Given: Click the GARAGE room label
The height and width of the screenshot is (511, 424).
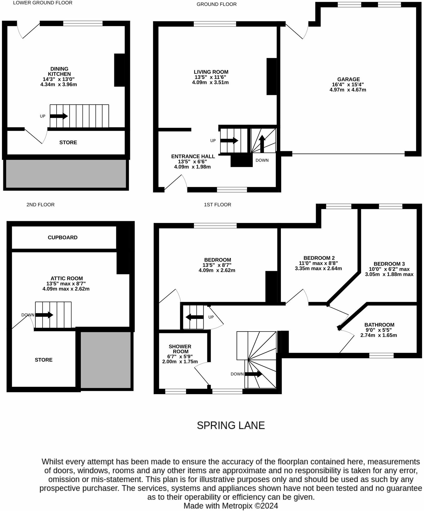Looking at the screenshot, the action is tap(348, 79).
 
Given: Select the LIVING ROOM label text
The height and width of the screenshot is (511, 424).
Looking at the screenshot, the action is tap(211, 72).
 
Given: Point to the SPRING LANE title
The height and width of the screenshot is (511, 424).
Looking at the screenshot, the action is tap(231, 425).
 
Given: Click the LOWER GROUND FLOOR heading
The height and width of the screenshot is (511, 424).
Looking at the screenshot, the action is tap(43, 3).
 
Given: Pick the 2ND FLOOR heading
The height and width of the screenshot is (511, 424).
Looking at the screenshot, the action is tap(41, 205).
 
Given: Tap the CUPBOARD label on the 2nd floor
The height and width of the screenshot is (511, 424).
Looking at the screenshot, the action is tap(63, 238).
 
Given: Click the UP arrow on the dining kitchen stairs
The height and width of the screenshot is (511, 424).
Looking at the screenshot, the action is tap(59, 116).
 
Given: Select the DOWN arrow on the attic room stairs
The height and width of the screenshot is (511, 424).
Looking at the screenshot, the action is tap(44, 315).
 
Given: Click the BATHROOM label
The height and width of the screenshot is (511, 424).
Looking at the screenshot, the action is tap(379, 325).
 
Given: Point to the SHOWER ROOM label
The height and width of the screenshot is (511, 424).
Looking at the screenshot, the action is tap(180, 349).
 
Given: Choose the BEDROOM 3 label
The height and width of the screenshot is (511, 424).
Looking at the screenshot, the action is tap(389, 264).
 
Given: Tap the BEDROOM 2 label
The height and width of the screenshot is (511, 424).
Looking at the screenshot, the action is tap(319, 258).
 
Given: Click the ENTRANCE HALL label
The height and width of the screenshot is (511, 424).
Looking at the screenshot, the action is tap(193, 156).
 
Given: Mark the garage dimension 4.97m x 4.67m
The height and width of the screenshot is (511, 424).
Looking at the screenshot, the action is tap(348, 90).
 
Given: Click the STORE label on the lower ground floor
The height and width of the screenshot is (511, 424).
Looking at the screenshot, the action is tap(68, 142).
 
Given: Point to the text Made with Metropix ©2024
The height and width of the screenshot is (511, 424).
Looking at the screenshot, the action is tap(231, 506).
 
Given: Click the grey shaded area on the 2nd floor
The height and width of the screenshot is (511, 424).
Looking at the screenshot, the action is tap(105, 360).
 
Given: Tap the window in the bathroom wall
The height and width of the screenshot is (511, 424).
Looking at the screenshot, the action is tap(381, 355).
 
